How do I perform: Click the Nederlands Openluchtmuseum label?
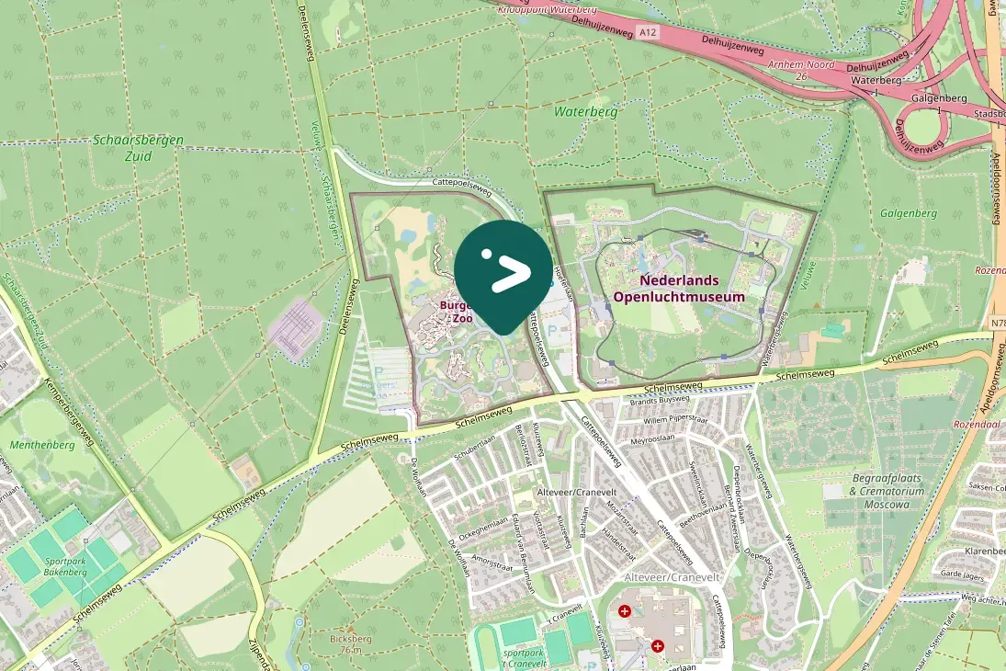pos(679,288)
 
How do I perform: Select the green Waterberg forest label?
pos(585,111)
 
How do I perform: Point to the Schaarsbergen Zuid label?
pos(138,147)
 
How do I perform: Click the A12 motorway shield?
pos(649,32)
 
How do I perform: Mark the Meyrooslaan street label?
pos(652,439)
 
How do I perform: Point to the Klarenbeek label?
pos(984,551)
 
